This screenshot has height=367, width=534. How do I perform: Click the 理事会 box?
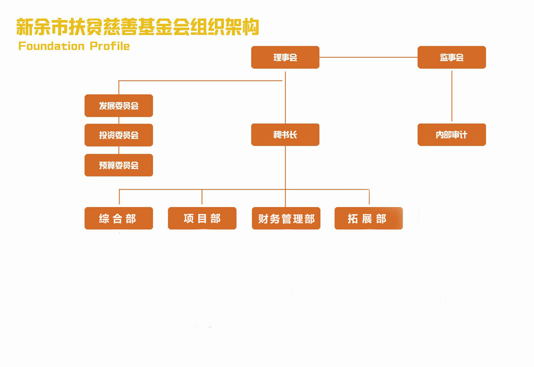(x=285, y=58)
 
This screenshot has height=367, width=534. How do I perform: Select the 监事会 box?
(x=451, y=58)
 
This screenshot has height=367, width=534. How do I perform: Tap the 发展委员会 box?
(x=119, y=106)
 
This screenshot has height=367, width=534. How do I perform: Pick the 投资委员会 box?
(x=119, y=135)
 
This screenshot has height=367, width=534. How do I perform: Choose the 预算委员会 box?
(x=119, y=165)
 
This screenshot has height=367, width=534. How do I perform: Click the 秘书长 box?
(x=285, y=135)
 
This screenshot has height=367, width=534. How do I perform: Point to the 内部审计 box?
(x=451, y=135)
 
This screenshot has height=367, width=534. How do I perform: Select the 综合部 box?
(x=119, y=218)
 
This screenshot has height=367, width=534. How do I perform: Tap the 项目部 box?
(x=202, y=218)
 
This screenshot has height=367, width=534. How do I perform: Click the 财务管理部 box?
(x=286, y=218)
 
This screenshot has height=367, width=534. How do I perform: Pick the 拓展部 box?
(x=368, y=218)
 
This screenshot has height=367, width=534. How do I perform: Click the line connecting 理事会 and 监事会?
(x=368, y=58)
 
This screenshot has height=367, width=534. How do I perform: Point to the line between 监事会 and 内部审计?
(x=451, y=96)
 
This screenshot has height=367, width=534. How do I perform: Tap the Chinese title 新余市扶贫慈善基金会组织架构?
(x=138, y=27)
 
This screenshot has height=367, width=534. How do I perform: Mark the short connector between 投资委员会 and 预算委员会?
(x=119, y=150)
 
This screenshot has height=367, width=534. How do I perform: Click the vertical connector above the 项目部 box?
(x=202, y=197)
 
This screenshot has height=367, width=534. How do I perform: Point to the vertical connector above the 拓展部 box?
(x=369, y=197)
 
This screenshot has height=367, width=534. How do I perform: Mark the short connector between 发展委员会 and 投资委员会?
(x=119, y=120)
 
